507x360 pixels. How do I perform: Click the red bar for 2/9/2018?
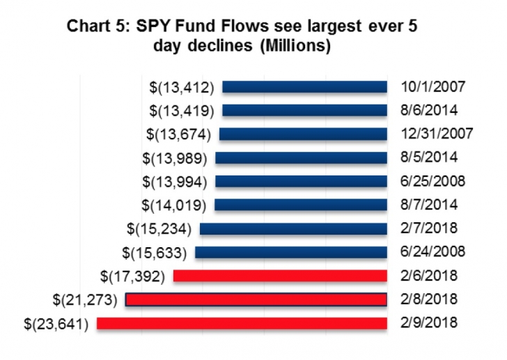click(x=242, y=323)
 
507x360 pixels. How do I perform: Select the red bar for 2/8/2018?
click(x=256, y=299)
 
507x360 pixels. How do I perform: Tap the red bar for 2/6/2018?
click(x=280, y=276)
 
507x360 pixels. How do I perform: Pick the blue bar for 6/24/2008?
click(x=291, y=252)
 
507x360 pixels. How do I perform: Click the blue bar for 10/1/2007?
click(x=304, y=87)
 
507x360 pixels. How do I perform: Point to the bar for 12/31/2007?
click(x=303, y=134)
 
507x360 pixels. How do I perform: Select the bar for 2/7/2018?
click(x=293, y=228)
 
